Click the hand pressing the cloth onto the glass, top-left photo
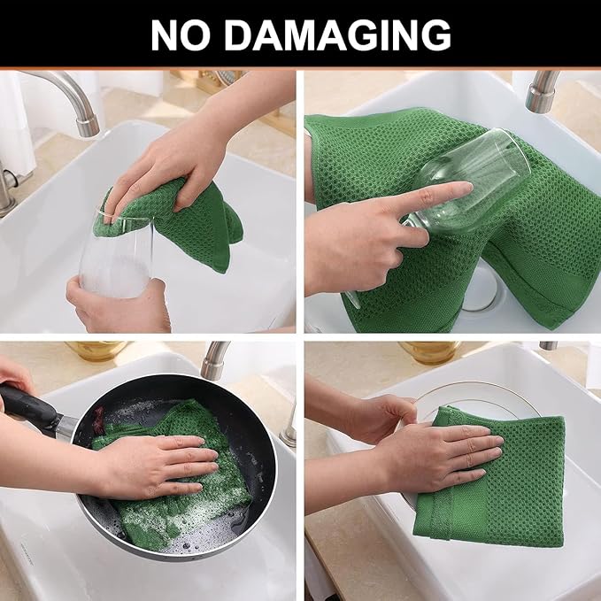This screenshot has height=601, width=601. tap(173, 164)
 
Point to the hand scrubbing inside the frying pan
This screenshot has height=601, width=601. tap(155, 465)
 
